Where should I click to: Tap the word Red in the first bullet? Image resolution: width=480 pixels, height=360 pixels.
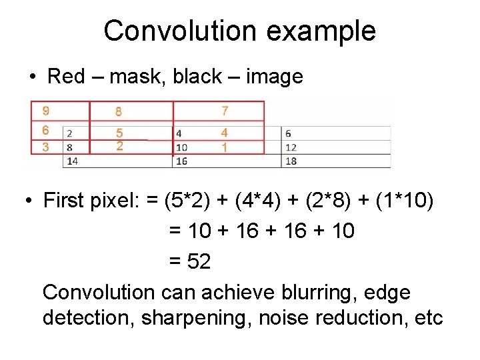click(x=66, y=77)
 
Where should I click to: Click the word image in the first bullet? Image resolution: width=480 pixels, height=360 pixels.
click(x=275, y=77)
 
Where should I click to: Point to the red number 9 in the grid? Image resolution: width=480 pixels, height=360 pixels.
click(x=45, y=111)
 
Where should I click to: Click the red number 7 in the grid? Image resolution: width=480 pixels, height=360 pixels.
click(x=225, y=111)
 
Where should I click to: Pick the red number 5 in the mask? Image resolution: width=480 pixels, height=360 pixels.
click(x=119, y=133)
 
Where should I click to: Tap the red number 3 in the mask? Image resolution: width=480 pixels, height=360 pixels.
click(x=45, y=147)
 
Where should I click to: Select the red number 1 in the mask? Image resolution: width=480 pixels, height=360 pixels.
click(x=225, y=147)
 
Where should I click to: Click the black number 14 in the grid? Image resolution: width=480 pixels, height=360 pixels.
click(x=73, y=161)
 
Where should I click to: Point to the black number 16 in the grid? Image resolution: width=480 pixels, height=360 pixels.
click(x=181, y=161)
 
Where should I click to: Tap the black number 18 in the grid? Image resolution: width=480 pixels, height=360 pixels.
click(x=290, y=161)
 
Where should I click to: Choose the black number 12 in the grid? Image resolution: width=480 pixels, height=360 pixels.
click(x=290, y=147)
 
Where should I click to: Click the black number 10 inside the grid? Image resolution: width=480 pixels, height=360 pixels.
click(x=181, y=147)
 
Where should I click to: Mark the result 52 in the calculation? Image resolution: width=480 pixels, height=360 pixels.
click(x=199, y=262)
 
